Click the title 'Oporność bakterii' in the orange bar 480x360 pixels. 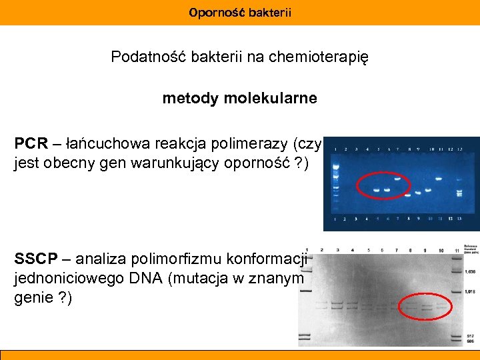[x=240, y=13]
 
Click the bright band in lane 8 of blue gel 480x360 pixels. [x=409, y=194]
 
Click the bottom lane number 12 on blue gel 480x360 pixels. [x=451, y=219]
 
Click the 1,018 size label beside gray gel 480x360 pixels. [x=469, y=291]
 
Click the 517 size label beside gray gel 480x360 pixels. [x=469, y=335]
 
